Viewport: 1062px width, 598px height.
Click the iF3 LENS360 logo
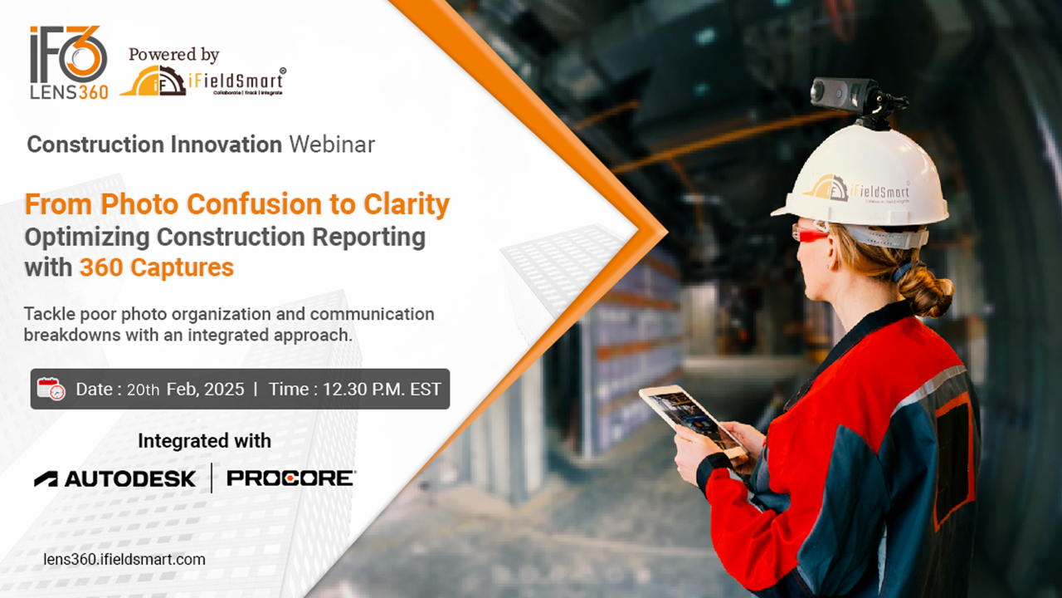coord(69,62)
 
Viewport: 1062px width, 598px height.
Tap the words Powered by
coord(173,55)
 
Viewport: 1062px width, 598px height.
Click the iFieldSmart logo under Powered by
coord(202,81)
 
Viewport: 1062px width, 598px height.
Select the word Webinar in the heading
coord(333,145)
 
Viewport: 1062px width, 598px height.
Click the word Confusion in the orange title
coord(255,204)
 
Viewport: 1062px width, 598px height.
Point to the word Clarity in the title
coord(407,205)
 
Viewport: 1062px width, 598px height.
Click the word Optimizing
coord(87,238)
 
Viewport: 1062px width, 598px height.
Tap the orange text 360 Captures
coord(157,267)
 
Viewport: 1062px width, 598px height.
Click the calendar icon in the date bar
coord(51,390)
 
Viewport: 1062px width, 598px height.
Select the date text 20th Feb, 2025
coord(185,390)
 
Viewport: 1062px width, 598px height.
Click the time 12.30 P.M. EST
coord(382,390)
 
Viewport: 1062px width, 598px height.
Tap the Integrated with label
coord(204,441)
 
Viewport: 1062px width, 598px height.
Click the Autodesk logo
coord(114,479)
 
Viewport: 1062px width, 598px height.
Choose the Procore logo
coord(291,478)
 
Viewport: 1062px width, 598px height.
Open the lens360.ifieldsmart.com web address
coord(124,560)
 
